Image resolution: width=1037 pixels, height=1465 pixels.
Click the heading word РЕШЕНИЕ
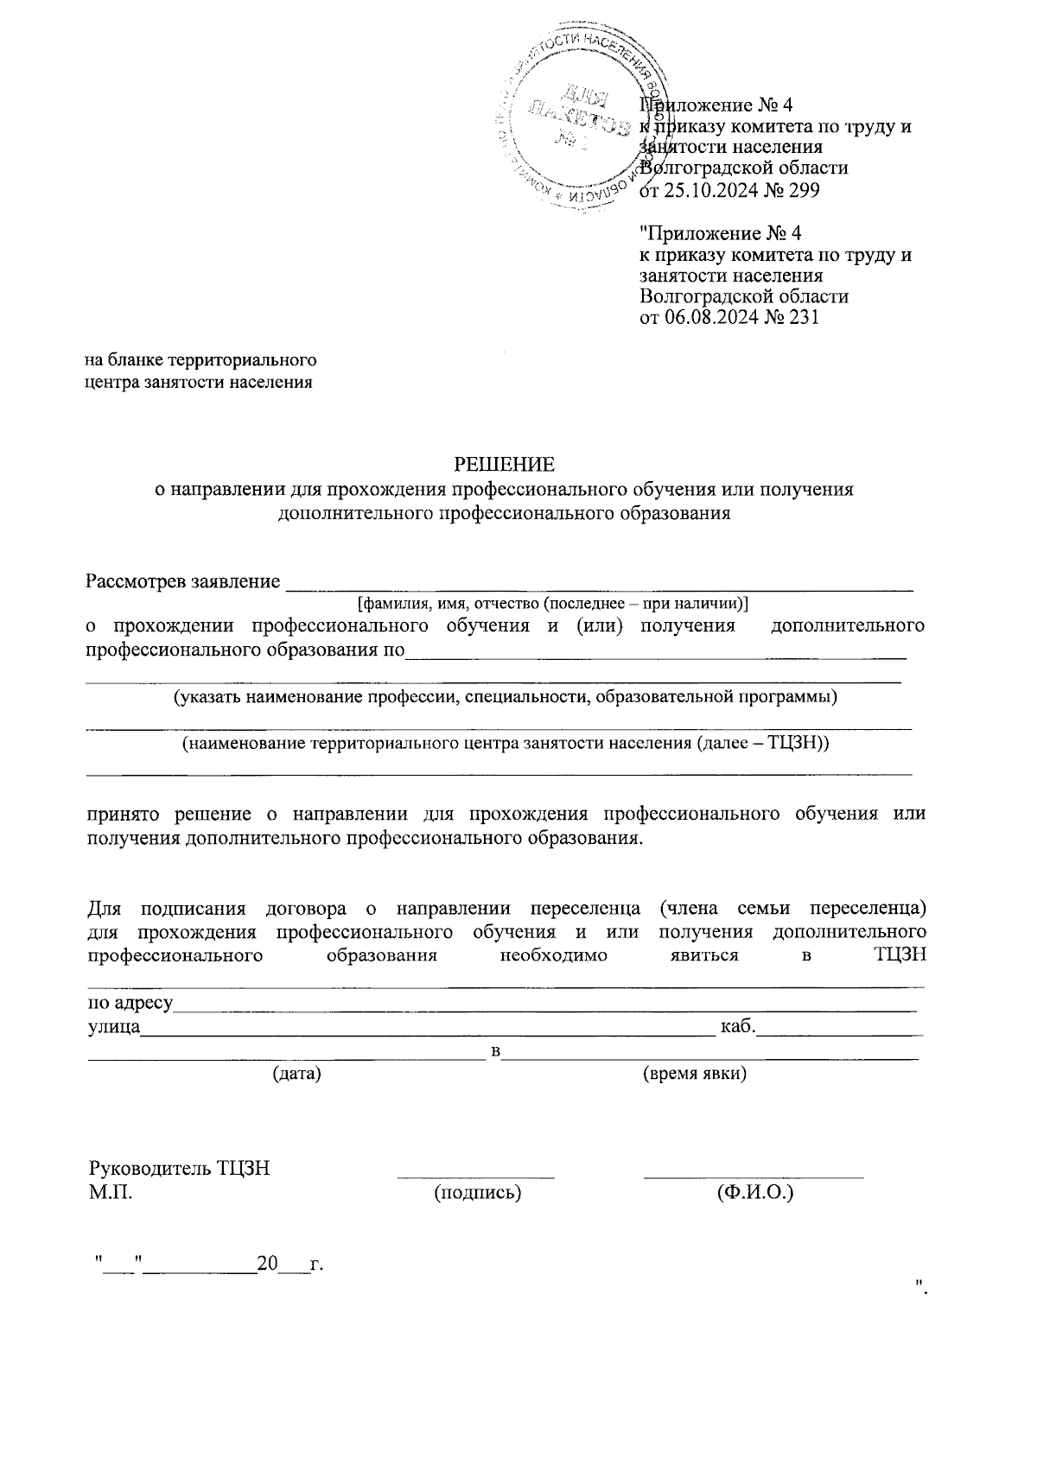point(504,465)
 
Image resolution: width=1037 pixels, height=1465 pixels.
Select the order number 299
point(803,189)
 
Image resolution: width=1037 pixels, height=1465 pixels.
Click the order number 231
point(803,317)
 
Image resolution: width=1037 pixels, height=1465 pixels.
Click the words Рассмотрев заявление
point(183,581)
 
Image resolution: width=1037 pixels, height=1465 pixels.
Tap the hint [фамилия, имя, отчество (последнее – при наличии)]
point(553,603)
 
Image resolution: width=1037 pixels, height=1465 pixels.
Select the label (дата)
point(296,1074)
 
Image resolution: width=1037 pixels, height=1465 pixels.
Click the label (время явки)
point(695,1074)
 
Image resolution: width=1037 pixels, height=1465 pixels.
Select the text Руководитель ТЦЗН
point(179,1169)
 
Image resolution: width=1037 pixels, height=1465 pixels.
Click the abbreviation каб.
point(738,1026)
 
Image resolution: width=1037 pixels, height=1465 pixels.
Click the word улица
point(115,1027)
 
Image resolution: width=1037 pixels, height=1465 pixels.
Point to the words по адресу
point(130,1004)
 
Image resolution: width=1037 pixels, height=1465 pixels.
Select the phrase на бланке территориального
point(200,359)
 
